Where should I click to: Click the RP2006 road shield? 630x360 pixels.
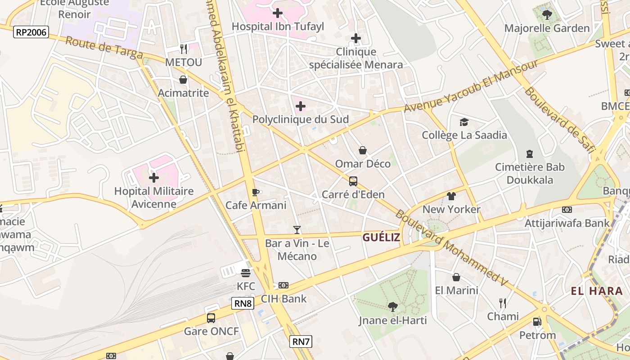[x=31, y=32]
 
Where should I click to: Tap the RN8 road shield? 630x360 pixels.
[x=243, y=303]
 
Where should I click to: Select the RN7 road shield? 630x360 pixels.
[x=301, y=342]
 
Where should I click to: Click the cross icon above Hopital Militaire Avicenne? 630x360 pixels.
[x=154, y=177]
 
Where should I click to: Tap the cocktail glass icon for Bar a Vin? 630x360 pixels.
[x=297, y=230]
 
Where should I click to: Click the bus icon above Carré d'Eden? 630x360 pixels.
[x=353, y=181]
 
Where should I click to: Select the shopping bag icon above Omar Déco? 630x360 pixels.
[x=363, y=150]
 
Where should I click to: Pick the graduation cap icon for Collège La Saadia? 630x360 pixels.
[x=464, y=122]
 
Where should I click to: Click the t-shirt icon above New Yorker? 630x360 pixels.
[x=451, y=196]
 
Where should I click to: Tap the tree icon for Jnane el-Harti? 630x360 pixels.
[x=392, y=307]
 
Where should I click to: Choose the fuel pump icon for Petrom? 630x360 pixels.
[x=537, y=322]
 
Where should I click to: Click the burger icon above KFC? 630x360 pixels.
[x=246, y=273]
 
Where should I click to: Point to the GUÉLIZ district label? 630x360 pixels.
[x=381, y=238]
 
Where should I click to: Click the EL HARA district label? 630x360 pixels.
[x=597, y=291]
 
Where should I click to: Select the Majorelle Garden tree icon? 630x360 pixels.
[x=547, y=15]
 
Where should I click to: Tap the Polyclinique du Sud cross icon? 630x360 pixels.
[x=301, y=106]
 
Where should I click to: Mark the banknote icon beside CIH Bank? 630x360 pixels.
[x=283, y=285]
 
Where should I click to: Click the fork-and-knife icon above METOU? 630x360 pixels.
[x=183, y=49]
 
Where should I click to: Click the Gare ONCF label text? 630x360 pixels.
[x=211, y=332]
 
